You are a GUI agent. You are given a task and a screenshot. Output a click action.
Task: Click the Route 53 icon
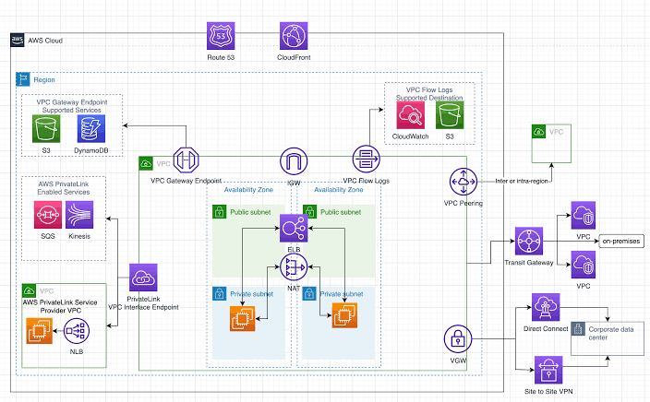pos(223,37)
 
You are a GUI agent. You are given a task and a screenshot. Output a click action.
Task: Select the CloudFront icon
pos(294,37)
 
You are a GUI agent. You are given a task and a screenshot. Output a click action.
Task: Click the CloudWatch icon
pos(410,116)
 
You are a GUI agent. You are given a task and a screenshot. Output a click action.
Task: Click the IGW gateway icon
pos(294,161)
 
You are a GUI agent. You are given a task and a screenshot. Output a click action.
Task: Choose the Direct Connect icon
pos(545,308)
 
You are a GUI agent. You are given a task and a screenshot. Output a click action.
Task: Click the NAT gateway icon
pos(294,268)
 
